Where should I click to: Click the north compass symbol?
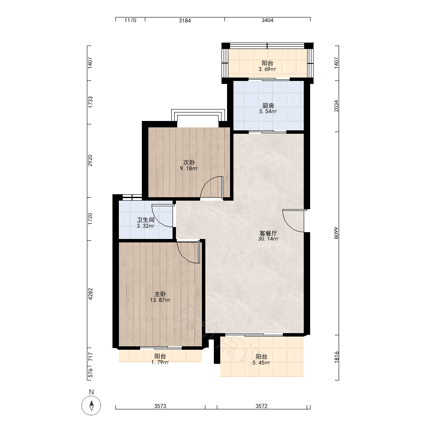(x=91, y=406)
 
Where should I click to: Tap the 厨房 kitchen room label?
(x=268, y=106)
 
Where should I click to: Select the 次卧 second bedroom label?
(x=189, y=162)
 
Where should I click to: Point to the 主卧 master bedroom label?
(x=160, y=294)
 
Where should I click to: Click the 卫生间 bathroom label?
(x=146, y=220)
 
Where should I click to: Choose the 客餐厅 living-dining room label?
(x=268, y=233)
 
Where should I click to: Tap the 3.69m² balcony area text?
(x=268, y=69)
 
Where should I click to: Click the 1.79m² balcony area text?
(x=160, y=362)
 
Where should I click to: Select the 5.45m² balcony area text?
(x=262, y=363)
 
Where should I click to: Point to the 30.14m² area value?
(x=268, y=239)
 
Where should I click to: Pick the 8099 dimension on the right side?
(x=337, y=233)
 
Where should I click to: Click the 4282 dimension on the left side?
(x=90, y=294)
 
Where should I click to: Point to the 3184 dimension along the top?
(x=185, y=20)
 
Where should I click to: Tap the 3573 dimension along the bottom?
(x=160, y=406)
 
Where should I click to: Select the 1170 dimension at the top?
(x=130, y=20)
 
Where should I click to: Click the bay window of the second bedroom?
(x=198, y=115)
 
